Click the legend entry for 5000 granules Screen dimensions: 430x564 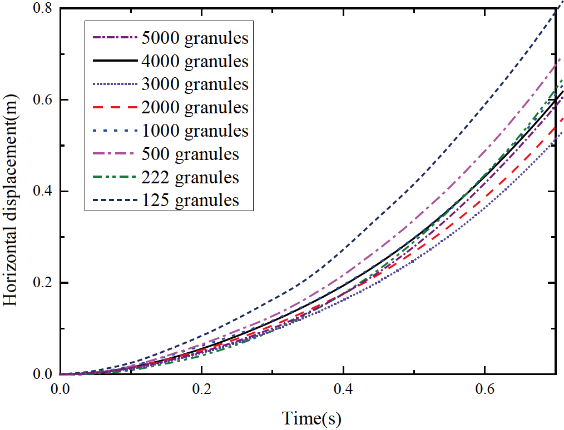tap(195, 38)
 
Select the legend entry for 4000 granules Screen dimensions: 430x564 tap(195, 61)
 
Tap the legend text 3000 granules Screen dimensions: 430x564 tap(195, 84)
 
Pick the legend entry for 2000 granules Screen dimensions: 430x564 tap(195, 108)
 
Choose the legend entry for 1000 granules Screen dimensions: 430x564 tap(195, 131)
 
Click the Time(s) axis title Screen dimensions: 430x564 tap(312, 417)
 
